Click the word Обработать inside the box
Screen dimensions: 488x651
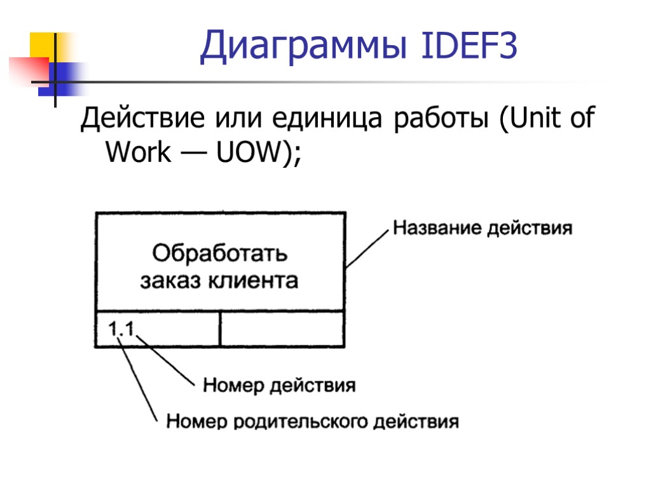(x=220, y=254)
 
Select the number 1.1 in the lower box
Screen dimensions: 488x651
(x=121, y=329)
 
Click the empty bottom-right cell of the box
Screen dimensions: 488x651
(x=282, y=329)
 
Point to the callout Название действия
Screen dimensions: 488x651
(x=483, y=227)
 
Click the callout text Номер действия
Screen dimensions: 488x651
(x=278, y=385)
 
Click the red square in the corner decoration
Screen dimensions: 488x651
(x=29, y=69)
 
